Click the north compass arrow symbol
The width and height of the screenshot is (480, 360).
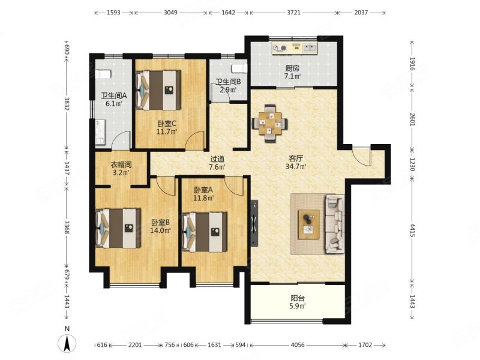[x=67, y=343]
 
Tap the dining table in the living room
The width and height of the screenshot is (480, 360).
[x=269, y=124]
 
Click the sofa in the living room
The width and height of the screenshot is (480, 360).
[x=335, y=224]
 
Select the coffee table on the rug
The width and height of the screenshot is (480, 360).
[x=309, y=224]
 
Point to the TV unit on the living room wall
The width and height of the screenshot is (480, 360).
[x=254, y=223]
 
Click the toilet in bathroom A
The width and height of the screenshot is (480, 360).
[x=103, y=74]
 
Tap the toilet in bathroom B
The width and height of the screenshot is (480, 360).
[x=239, y=68]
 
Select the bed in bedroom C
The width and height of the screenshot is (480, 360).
[x=158, y=90]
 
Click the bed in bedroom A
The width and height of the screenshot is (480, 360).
[x=205, y=232]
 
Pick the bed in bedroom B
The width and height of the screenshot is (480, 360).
[x=118, y=229]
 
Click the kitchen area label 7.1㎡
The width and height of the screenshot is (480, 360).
[x=292, y=76]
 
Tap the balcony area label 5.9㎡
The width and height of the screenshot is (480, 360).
[x=298, y=305]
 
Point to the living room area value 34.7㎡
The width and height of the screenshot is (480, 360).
[x=296, y=167]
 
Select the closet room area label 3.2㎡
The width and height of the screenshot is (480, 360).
[x=121, y=173]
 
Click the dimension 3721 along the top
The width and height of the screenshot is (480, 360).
[x=293, y=13]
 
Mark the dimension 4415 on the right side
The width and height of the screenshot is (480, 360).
[x=412, y=230]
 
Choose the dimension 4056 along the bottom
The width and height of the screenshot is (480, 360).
[x=298, y=345]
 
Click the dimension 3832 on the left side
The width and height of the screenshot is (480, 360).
[x=67, y=103]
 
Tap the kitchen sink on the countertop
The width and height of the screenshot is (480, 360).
[x=310, y=48]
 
